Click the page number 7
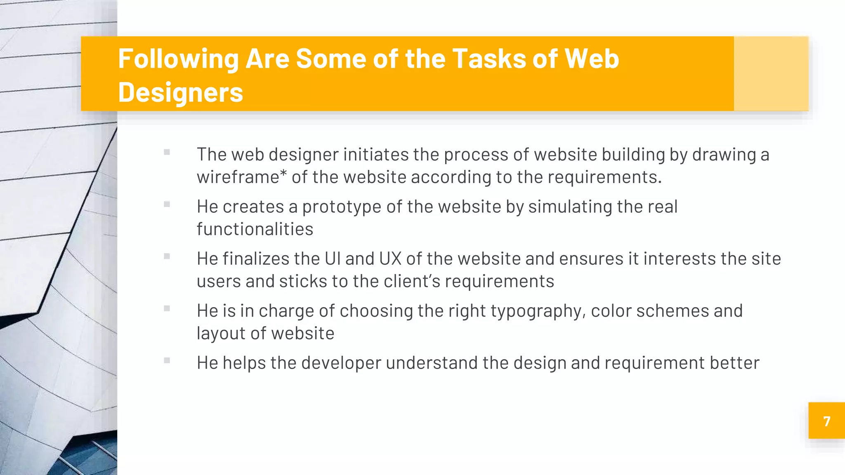[826, 421]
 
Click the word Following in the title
[178, 59]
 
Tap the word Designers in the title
[181, 92]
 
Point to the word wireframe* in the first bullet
[242, 177]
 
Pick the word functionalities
[255, 229]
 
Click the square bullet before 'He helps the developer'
[167, 360]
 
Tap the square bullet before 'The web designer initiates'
[167, 152]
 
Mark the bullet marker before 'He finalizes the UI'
[167, 256]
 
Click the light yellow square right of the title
[771, 73]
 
